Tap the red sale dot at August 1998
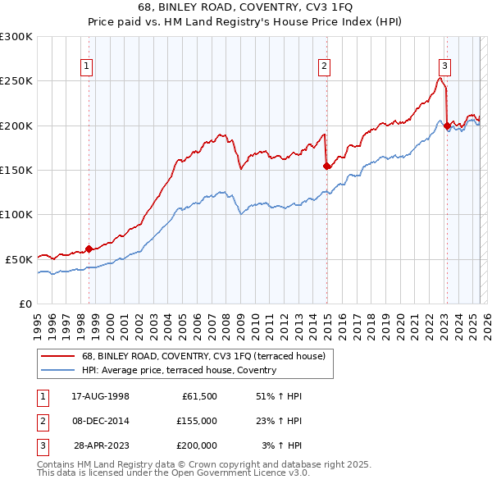[89, 249]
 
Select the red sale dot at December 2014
[327, 166]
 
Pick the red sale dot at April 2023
[447, 126]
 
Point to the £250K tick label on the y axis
[16, 81]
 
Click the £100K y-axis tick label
[16, 214]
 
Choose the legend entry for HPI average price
[179, 370]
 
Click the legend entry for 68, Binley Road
[203, 356]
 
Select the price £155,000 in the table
[197, 421]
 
